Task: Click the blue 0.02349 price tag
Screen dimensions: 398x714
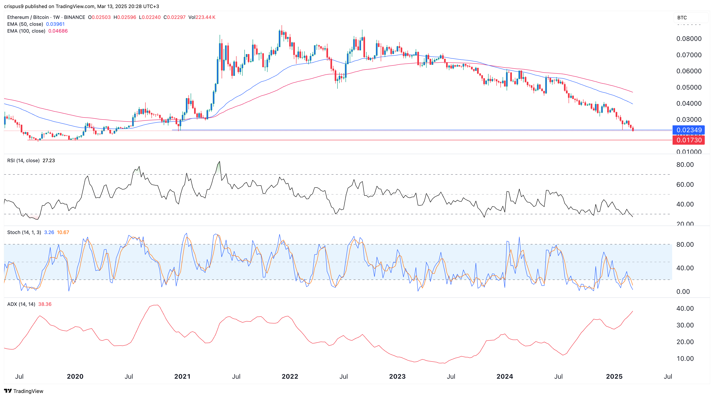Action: (x=689, y=130)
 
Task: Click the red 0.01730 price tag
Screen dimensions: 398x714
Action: (x=689, y=140)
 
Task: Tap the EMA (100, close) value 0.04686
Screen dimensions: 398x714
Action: (x=58, y=31)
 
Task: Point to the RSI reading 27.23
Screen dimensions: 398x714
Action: (x=49, y=161)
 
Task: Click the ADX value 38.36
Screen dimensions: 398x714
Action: (x=45, y=304)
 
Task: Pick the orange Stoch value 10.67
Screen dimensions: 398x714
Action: (x=63, y=232)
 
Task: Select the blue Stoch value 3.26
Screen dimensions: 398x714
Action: (x=49, y=232)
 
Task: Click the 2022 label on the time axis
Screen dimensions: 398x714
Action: (x=290, y=376)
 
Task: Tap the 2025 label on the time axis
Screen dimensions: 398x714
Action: (x=614, y=376)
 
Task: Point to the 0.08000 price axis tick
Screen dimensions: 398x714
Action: (x=689, y=39)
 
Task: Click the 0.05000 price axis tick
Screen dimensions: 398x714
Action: (x=689, y=87)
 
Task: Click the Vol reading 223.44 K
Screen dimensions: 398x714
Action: (x=205, y=17)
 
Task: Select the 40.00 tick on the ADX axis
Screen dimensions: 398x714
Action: (x=685, y=308)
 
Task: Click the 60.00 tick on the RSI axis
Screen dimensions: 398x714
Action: (x=685, y=185)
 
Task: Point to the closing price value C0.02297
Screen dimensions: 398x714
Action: (x=175, y=17)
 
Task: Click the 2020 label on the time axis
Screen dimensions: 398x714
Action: (x=75, y=376)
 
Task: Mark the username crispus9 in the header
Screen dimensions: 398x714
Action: (x=14, y=6)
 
